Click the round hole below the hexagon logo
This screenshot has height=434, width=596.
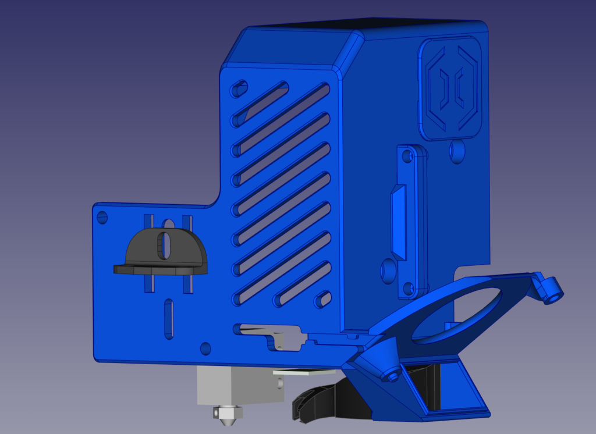(x=457, y=151)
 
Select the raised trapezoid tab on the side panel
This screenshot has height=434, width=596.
(x=398, y=222)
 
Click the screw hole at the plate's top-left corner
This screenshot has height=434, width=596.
(x=102, y=218)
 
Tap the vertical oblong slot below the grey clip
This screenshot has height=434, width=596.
(x=168, y=318)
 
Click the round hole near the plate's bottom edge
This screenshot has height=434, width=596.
(x=205, y=348)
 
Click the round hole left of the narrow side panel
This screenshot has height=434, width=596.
(x=386, y=270)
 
